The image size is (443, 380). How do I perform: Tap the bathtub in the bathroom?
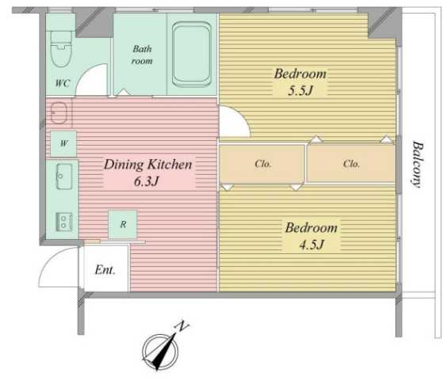190,53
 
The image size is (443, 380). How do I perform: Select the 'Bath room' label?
142,54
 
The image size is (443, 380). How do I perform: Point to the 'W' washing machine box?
63,144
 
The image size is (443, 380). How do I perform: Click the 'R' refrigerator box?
124,224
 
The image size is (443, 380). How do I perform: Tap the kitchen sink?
63,177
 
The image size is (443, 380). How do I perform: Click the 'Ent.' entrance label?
105,270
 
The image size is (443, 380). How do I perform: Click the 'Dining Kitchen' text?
148,165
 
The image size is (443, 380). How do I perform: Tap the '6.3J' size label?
148,181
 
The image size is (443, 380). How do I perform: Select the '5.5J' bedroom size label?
300,91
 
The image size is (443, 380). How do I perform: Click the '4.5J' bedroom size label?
311,245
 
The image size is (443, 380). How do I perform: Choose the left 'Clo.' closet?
263,164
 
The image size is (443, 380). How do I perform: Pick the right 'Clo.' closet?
351,164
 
